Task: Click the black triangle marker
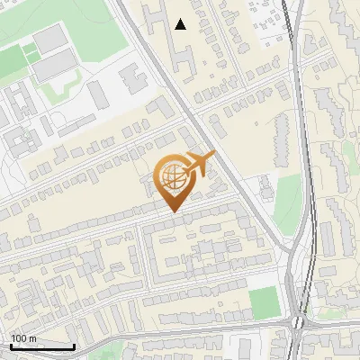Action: [181, 24]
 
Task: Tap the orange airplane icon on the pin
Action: [198, 164]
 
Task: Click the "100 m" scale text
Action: [24, 337]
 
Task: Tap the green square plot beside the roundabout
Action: [265, 303]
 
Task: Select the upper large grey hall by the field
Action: [50, 39]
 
